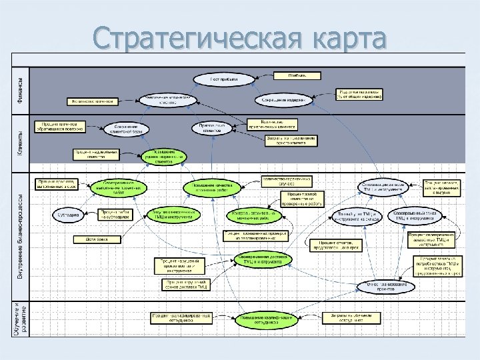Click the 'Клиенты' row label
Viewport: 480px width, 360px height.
tap(19, 143)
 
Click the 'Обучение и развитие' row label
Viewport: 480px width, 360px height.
tap(19, 319)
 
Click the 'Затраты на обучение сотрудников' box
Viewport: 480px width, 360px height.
tap(347, 318)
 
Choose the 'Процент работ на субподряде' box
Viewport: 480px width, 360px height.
tap(117, 214)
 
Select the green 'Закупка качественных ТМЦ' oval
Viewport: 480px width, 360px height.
tap(174, 213)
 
